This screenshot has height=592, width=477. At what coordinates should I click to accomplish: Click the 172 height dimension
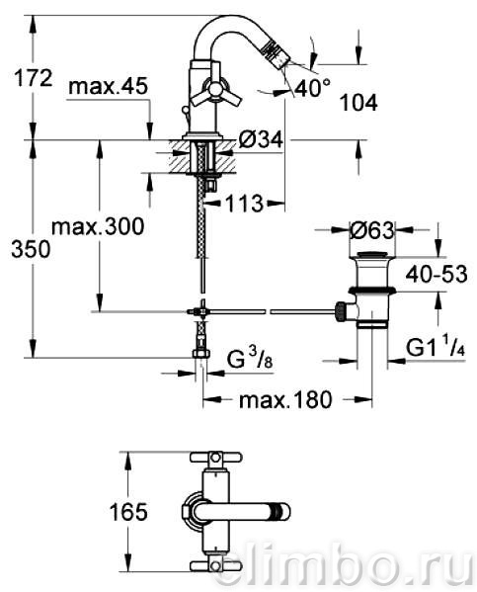click(x=33, y=78)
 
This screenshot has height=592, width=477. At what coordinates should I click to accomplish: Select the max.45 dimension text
click(x=108, y=86)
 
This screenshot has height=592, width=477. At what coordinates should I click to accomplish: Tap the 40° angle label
click(x=312, y=88)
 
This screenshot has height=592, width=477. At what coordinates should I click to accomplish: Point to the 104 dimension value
click(x=358, y=103)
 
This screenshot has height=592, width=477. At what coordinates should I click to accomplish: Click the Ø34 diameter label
click(x=261, y=140)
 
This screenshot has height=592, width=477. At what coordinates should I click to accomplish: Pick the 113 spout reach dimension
click(x=244, y=204)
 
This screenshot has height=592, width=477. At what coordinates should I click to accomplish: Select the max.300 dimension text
click(x=98, y=227)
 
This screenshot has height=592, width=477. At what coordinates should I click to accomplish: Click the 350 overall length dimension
click(x=31, y=250)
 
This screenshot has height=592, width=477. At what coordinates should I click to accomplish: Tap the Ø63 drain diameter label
click(x=371, y=230)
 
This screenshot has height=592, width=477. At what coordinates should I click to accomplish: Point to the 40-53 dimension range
click(x=437, y=274)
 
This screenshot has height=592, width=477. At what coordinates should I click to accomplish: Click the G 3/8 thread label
click(x=250, y=360)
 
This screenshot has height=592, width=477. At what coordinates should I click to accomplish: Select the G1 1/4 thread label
click(x=436, y=347)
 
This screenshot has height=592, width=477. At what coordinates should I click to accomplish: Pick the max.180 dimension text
click(x=285, y=399)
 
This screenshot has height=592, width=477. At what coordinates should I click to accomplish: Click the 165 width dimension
click(x=128, y=512)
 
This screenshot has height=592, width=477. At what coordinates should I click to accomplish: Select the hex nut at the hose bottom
click(x=201, y=354)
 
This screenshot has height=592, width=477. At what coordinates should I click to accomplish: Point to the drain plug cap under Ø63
click(x=372, y=254)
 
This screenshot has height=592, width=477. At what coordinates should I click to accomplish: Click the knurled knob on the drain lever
click(x=341, y=311)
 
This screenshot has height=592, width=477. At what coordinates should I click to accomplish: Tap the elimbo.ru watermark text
click(x=344, y=567)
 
